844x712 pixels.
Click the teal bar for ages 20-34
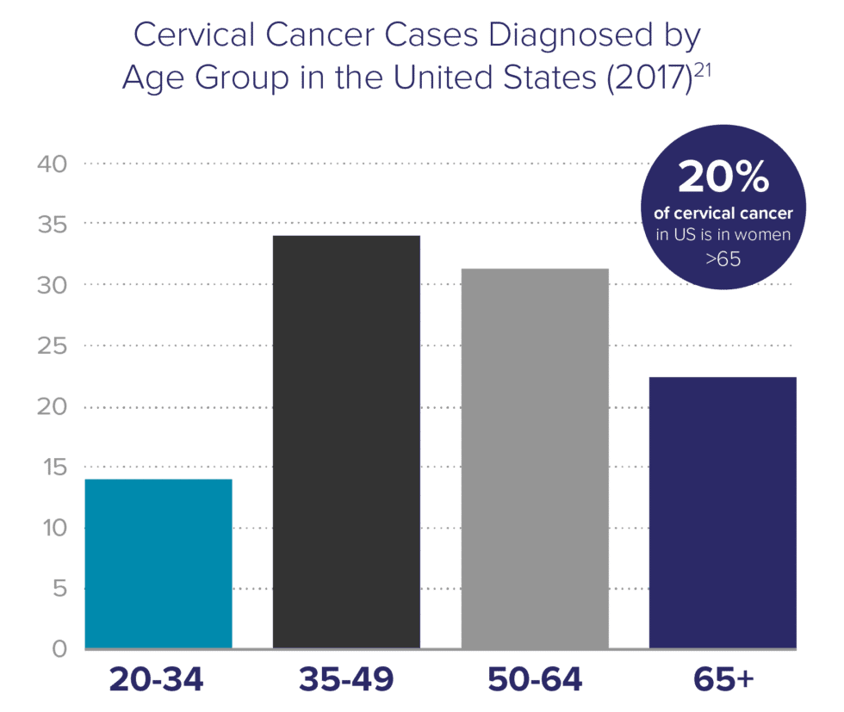pos(158,562)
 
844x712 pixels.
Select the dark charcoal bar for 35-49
pos(346,441)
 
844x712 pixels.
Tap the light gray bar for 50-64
pos(535,457)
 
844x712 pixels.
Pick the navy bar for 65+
pos(722,511)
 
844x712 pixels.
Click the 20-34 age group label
pos(157,680)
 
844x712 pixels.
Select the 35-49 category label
pos(346,680)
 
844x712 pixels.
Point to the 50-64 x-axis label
pos(535,680)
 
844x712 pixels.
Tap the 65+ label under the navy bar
pos(723,680)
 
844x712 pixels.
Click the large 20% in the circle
pos(723,179)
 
